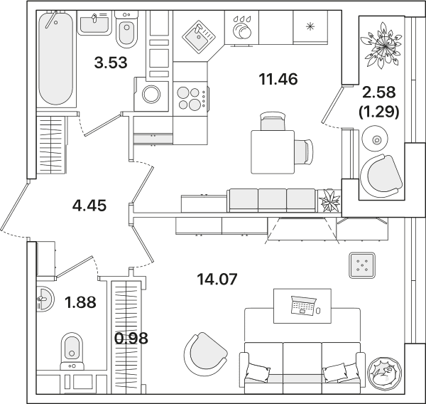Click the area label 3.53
(111, 63)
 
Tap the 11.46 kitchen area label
(278, 79)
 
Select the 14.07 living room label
(217, 279)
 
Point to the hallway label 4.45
(89, 206)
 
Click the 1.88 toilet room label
(80, 302)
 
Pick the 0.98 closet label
(131, 339)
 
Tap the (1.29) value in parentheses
(379, 112)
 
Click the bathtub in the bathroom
(56, 58)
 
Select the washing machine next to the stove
(151, 94)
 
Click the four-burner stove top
(190, 99)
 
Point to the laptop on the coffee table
(303, 305)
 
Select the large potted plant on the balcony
(381, 45)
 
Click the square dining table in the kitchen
(273, 152)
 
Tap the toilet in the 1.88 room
(72, 351)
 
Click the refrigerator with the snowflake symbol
(310, 28)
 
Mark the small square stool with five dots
(362, 265)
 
